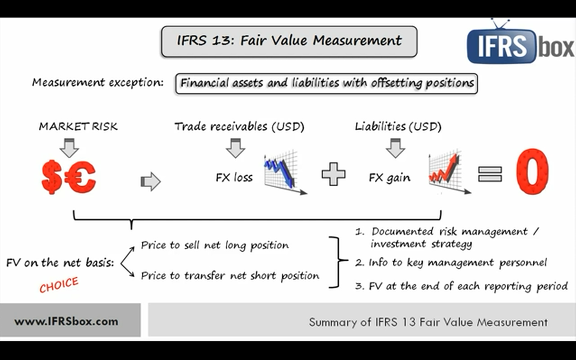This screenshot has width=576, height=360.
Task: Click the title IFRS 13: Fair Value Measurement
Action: (289, 41)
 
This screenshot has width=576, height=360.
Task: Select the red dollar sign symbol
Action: (52, 177)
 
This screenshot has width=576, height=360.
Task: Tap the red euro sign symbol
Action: (80, 177)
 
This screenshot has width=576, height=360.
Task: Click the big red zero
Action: (532, 172)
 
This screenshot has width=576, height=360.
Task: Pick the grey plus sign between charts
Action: (333, 174)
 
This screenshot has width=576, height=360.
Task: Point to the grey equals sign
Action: (490, 174)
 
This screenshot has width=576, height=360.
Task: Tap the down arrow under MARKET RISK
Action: (69, 148)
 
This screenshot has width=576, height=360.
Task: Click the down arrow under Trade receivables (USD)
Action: (235, 148)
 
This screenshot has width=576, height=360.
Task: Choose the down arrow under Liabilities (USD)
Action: (396, 148)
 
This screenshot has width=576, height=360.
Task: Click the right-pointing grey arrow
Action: (151, 181)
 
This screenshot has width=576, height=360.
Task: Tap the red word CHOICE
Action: (58, 285)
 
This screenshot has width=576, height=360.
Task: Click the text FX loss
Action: (234, 177)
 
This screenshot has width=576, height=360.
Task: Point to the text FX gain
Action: (390, 178)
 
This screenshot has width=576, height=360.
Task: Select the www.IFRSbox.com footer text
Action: (66, 321)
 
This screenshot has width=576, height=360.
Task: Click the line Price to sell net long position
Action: (215, 245)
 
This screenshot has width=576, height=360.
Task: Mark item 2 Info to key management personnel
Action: (451, 262)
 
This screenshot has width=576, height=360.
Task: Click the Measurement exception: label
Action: (98, 83)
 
